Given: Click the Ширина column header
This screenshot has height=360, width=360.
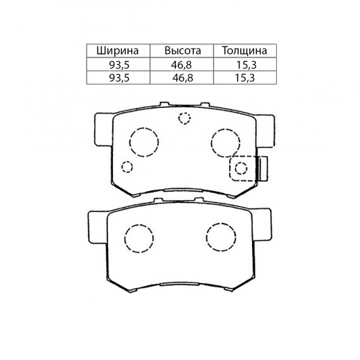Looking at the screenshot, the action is click(x=118, y=51).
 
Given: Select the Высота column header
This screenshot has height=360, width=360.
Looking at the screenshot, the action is click(x=183, y=51).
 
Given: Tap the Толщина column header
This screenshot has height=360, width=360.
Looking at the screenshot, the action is click(x=244, y=51).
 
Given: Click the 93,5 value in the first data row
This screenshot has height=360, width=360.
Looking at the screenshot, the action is click(x=119, y=65).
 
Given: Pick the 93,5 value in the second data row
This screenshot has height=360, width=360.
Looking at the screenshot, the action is click(x=119, y=78).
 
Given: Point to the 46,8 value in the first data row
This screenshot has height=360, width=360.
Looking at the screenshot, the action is click(x=181, y=65).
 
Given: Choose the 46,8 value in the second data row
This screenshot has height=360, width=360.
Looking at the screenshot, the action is click(x=183, y=78).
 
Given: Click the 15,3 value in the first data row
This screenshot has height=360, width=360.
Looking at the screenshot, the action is click(x=246, y=65).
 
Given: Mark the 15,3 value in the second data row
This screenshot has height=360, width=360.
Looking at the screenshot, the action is click(x=244, y=78).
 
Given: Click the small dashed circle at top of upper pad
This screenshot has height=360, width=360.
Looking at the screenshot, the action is click(x=184, y=113).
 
